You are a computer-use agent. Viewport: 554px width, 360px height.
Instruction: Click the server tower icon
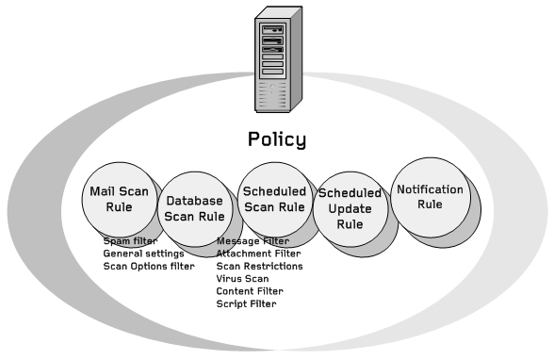[277, 60]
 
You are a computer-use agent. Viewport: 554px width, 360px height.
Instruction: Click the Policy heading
[277, 139]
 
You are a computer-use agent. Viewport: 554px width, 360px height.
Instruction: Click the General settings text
[143, 254]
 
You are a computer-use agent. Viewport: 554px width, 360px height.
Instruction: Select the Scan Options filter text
[149, 267]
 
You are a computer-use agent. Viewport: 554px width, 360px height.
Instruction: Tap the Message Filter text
[253, 241]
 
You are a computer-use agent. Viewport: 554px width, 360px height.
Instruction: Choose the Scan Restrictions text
[259, 267]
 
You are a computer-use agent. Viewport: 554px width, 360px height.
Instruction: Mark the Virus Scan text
[242, 279]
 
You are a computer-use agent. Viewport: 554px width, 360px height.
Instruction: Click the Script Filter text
[246, 303]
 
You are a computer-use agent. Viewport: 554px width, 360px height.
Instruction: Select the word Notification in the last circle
[430, 188]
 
